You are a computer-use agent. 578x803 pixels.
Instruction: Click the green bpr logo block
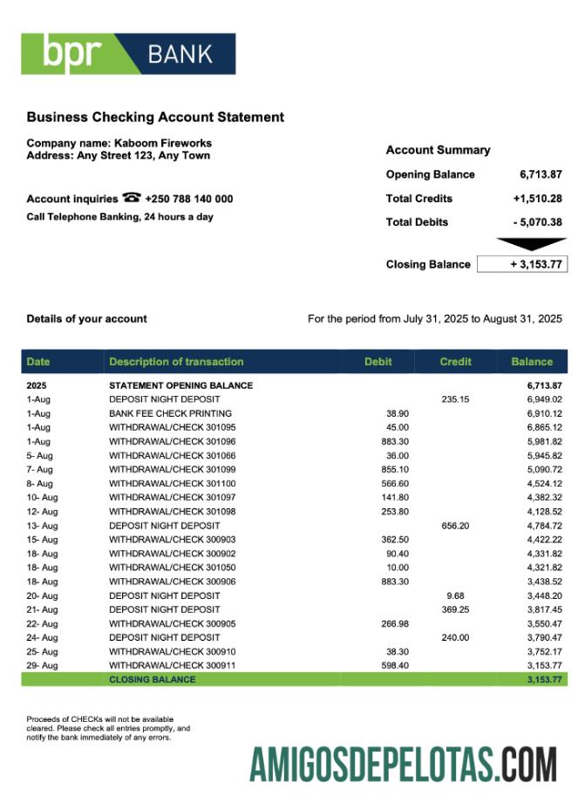(74, 54)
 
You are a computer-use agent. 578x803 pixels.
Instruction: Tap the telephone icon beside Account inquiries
(133, 198)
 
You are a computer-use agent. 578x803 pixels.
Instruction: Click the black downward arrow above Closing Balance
(530, 244)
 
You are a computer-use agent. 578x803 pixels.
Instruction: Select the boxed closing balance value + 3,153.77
(522, 264)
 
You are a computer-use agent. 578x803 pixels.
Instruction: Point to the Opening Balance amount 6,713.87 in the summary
(541, 174)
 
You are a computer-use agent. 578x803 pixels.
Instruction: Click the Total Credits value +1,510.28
(537, 199)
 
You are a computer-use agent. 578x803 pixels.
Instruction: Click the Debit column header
(377, 361)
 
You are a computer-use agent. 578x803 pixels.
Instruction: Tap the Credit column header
(455, 361)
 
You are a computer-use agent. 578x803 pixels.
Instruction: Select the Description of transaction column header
(176, 361)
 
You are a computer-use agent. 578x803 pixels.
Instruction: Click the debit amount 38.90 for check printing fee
(397, 413)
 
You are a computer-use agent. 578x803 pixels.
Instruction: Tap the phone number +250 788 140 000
(188, 199)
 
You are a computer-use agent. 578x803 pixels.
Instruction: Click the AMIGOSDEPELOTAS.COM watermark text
(403, 764)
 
